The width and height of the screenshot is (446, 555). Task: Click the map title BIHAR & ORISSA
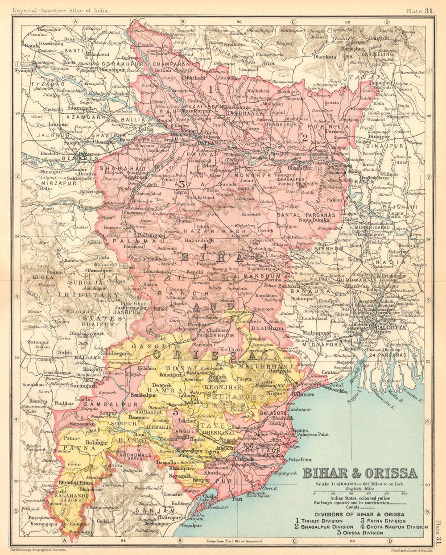(360, 473)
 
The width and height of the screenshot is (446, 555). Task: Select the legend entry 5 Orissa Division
(360, 533)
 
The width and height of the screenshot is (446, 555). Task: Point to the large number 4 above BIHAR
(203, 246)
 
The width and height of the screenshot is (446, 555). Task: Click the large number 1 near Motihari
(210, 89)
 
